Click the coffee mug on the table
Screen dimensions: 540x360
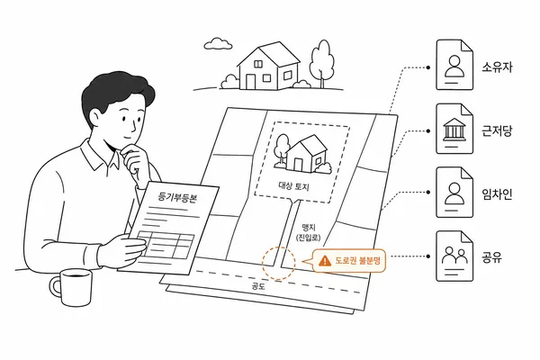(72, 287)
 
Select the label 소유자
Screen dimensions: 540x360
(497, 67)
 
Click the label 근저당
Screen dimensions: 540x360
(497, 130)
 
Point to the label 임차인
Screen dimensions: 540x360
(497, 194)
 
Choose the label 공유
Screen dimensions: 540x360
(491, 257)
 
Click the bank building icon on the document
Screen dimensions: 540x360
(454, 130)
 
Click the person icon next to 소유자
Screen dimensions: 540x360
(454, 66)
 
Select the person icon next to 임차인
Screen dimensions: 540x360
(454, 193)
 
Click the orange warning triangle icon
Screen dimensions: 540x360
(324, 261)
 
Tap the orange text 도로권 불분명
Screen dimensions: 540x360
(357, 260)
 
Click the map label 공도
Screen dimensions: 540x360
(258, 286)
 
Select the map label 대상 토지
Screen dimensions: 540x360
(293, 186)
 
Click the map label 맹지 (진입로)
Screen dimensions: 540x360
(308, 232)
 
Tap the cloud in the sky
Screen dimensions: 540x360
(218, 43)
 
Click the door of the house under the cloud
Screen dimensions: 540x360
(250, 81)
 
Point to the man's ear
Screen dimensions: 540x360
(96, 118)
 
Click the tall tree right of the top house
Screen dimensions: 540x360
(322, 64)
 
